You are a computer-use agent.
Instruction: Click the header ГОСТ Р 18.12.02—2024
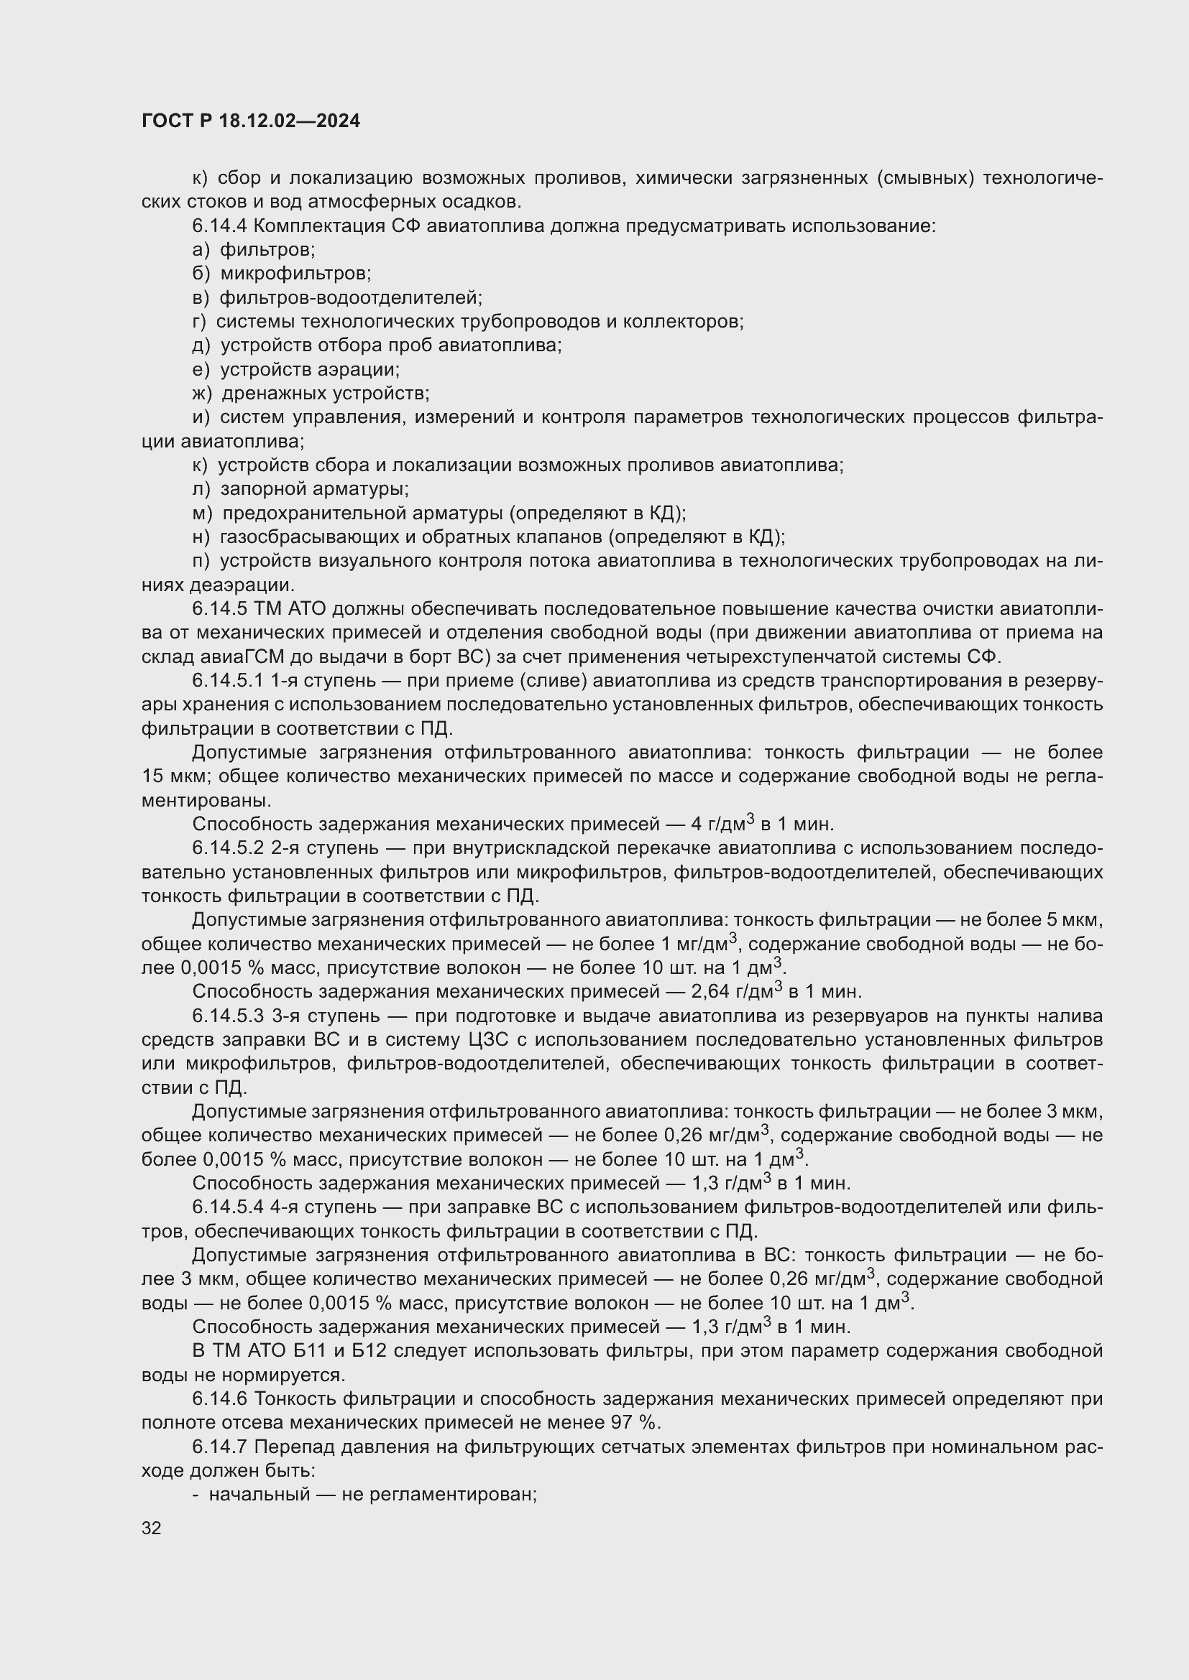click(x=250, y=121)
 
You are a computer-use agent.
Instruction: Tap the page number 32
click(x=152, y=1528)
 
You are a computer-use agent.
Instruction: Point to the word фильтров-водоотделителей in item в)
click(x=351, y=298)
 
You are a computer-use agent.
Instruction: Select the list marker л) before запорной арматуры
click(x=201, y=489)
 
